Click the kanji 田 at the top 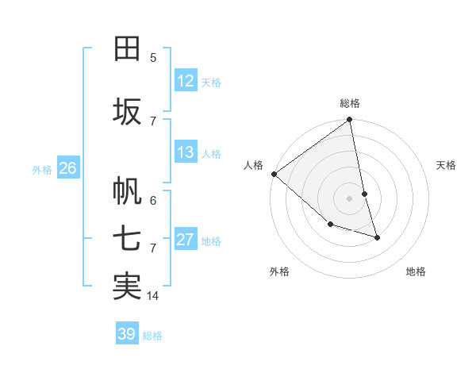[x=127, y=48]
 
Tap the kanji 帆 [x=127, y=190]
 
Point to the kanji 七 [x=127, y=238]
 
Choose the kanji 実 [x=127, y=286]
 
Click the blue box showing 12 [x=186, y=81]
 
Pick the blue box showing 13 [x=186, y=152]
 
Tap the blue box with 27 [x=186, y=240]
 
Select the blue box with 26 [x=67, y=168]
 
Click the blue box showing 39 [x=127, y=334]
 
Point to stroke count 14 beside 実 [x=153, y=296]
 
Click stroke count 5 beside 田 [x=153, y=57]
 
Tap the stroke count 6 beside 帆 [x=153, y=200]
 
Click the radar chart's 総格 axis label [x=350, y=103]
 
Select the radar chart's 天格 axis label [x=447, y=165]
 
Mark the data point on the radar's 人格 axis [x=274, y=174]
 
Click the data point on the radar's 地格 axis [x=377, y=237]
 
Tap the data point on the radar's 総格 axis [x=350, y=121]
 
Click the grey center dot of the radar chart [x=350, y=198]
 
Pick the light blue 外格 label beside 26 [x=41, y=169]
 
